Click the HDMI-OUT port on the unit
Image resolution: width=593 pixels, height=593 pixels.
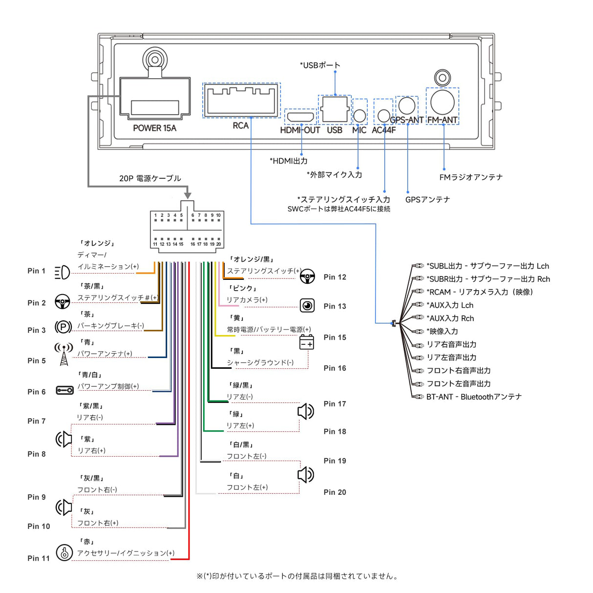(300, 117)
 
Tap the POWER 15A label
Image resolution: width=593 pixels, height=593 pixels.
(154, 128)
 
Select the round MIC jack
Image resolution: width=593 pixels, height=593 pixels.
(360, 115)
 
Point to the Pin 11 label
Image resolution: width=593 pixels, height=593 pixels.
(39, 558)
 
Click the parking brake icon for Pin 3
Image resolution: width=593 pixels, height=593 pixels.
(63, 327)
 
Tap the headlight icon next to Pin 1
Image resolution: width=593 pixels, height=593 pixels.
(62, 272)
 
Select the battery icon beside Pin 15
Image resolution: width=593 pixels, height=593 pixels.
(307, 342)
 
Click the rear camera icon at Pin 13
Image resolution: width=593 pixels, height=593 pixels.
(307, 306)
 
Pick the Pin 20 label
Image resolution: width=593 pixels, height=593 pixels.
(335, 492)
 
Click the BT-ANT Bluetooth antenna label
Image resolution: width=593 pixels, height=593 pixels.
(474, 397)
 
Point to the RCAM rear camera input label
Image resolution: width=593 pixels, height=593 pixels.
(480, 292)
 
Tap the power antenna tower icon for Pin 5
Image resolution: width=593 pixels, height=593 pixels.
(64, 354)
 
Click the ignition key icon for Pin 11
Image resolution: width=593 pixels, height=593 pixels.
(64, 552)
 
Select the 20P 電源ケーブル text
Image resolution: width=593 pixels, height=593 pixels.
(150, 178)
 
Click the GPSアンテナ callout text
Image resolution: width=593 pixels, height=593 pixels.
(427, 199)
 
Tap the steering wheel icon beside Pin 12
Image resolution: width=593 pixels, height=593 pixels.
(307, 277)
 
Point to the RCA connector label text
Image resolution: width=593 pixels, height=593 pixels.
(241, 126)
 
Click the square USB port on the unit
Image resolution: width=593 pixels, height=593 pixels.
(335, 109)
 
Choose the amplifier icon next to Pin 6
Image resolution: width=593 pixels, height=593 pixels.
(64, 390)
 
